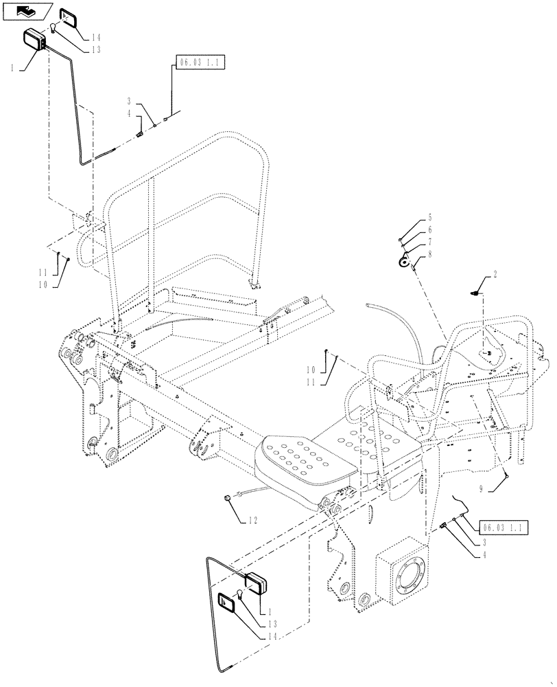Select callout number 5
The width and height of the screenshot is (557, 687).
point(430,216)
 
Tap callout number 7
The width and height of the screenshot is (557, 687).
point(430,242)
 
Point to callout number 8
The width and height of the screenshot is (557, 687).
point(430,254)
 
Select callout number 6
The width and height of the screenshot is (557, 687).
point(430,229)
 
